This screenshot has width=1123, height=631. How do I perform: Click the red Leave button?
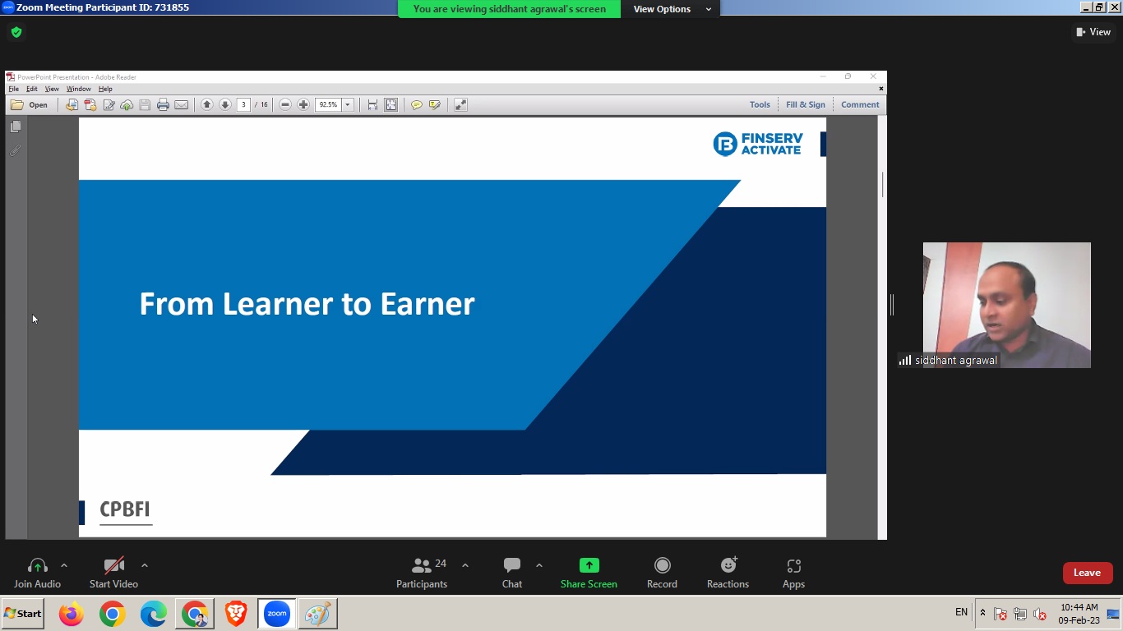(x=1088, y=573)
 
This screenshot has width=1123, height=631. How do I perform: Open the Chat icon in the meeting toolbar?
(x=512, y=565)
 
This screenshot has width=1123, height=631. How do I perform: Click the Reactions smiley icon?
(x=728, y=564)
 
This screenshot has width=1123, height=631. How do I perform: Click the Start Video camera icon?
(x=113, y=565)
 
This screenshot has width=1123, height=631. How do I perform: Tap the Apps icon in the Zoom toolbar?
(x=793, y=566)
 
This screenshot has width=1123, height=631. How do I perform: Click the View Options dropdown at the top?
(x=672, y=9)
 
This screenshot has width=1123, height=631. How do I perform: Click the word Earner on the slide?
(x=427, y=304)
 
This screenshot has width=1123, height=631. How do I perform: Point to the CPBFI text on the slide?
(x=125, y=509)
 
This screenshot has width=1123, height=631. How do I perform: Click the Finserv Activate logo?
(x=757, y=144)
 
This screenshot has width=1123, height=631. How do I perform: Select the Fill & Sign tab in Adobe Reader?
(x=805, y=104)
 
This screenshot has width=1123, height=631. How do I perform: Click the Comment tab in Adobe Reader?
(x=860, y=104)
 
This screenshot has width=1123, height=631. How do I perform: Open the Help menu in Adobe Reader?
(x=105, y=89)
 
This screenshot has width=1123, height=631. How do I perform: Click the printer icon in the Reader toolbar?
(x=163, y=104)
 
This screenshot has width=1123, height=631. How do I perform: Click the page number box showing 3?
(x=243, y=104)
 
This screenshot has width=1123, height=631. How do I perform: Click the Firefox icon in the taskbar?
(x=71, y=614)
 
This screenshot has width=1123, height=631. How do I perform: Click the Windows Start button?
(x=22, y=614)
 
